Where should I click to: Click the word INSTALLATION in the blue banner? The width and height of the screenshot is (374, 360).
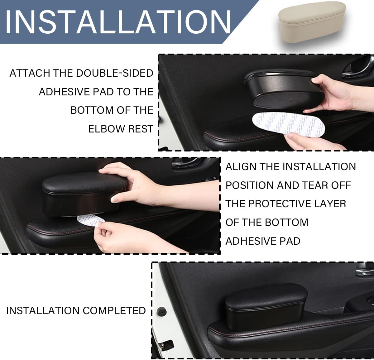click(x=118, y=22)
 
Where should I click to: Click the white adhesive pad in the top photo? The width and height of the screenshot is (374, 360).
click(x=289, y=125)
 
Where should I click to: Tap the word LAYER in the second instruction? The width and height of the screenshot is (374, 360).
click(x=330, y=204)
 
